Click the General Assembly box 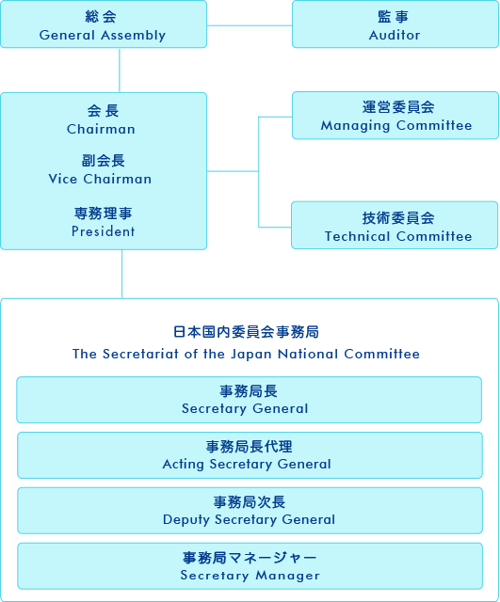(104, 24)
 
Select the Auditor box (395, 24)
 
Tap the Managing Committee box (395, 116)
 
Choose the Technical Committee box (395, 226)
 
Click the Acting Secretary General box (250, 455)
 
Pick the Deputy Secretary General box (250, 511)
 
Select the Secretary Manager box (250, 566)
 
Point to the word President (104, 231)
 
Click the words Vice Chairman (100, 179)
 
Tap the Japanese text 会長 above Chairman (103, 111)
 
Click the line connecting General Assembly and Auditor (250, 25)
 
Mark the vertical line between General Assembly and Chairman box (120, 71)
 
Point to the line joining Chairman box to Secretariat (121, 274)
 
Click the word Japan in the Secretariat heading (251, 355)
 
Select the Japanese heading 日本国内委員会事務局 (246, 332)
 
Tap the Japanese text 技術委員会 (398, 218)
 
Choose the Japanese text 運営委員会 (398, 107)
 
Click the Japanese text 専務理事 (103, 214)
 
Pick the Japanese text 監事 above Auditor (394, 17)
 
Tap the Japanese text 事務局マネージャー (250, 558)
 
